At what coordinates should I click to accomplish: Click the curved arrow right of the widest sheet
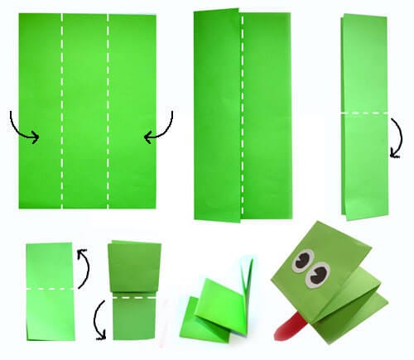point(161,126)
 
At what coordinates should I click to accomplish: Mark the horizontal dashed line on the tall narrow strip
point(363,113)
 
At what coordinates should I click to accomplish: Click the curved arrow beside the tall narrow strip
point(397,137)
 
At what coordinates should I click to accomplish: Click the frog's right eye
point(319,272)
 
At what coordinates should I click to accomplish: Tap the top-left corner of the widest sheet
point(18,15)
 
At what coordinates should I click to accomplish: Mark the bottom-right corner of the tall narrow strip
point(385,218)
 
